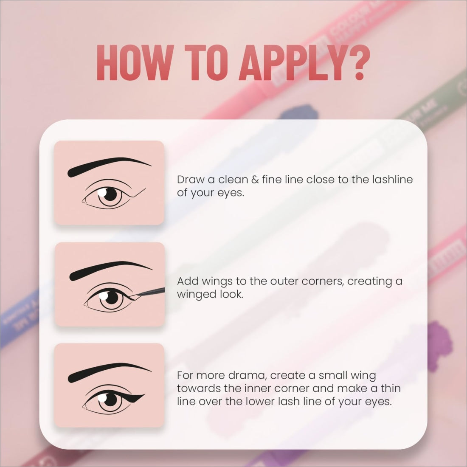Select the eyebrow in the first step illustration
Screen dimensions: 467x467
[x=109, y=166]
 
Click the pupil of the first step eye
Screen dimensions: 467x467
[x=110, y=194]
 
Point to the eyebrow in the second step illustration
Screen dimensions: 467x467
[x=110, y=270]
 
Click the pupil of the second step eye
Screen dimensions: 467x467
[x=112, y=298]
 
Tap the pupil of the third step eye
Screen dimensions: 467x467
[x=111, y=399]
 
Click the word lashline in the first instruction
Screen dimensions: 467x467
[x=392, y=179]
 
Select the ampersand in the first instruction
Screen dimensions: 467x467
[x=255, y=180]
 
